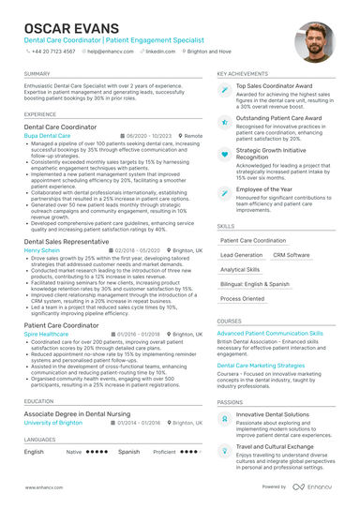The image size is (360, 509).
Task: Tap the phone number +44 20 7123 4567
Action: coord(53,52)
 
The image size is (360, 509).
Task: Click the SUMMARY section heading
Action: coord(37,73)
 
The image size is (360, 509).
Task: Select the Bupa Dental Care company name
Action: coord(47,136)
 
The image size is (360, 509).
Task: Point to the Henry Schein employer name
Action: coord(43,251)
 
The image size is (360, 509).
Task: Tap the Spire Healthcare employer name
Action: coord(46,334)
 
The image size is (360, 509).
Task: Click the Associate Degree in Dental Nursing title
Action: coord(78,413)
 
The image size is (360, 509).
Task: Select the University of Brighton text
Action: coord(54,423)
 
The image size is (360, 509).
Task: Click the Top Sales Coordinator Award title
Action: coord(274,86)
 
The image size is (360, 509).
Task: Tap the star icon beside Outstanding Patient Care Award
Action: coord(224,122)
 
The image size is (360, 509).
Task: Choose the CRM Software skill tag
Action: coord(291,255)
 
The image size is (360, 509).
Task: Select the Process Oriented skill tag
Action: coord(242,299)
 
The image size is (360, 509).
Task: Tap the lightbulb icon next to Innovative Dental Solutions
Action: coord(224,417)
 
